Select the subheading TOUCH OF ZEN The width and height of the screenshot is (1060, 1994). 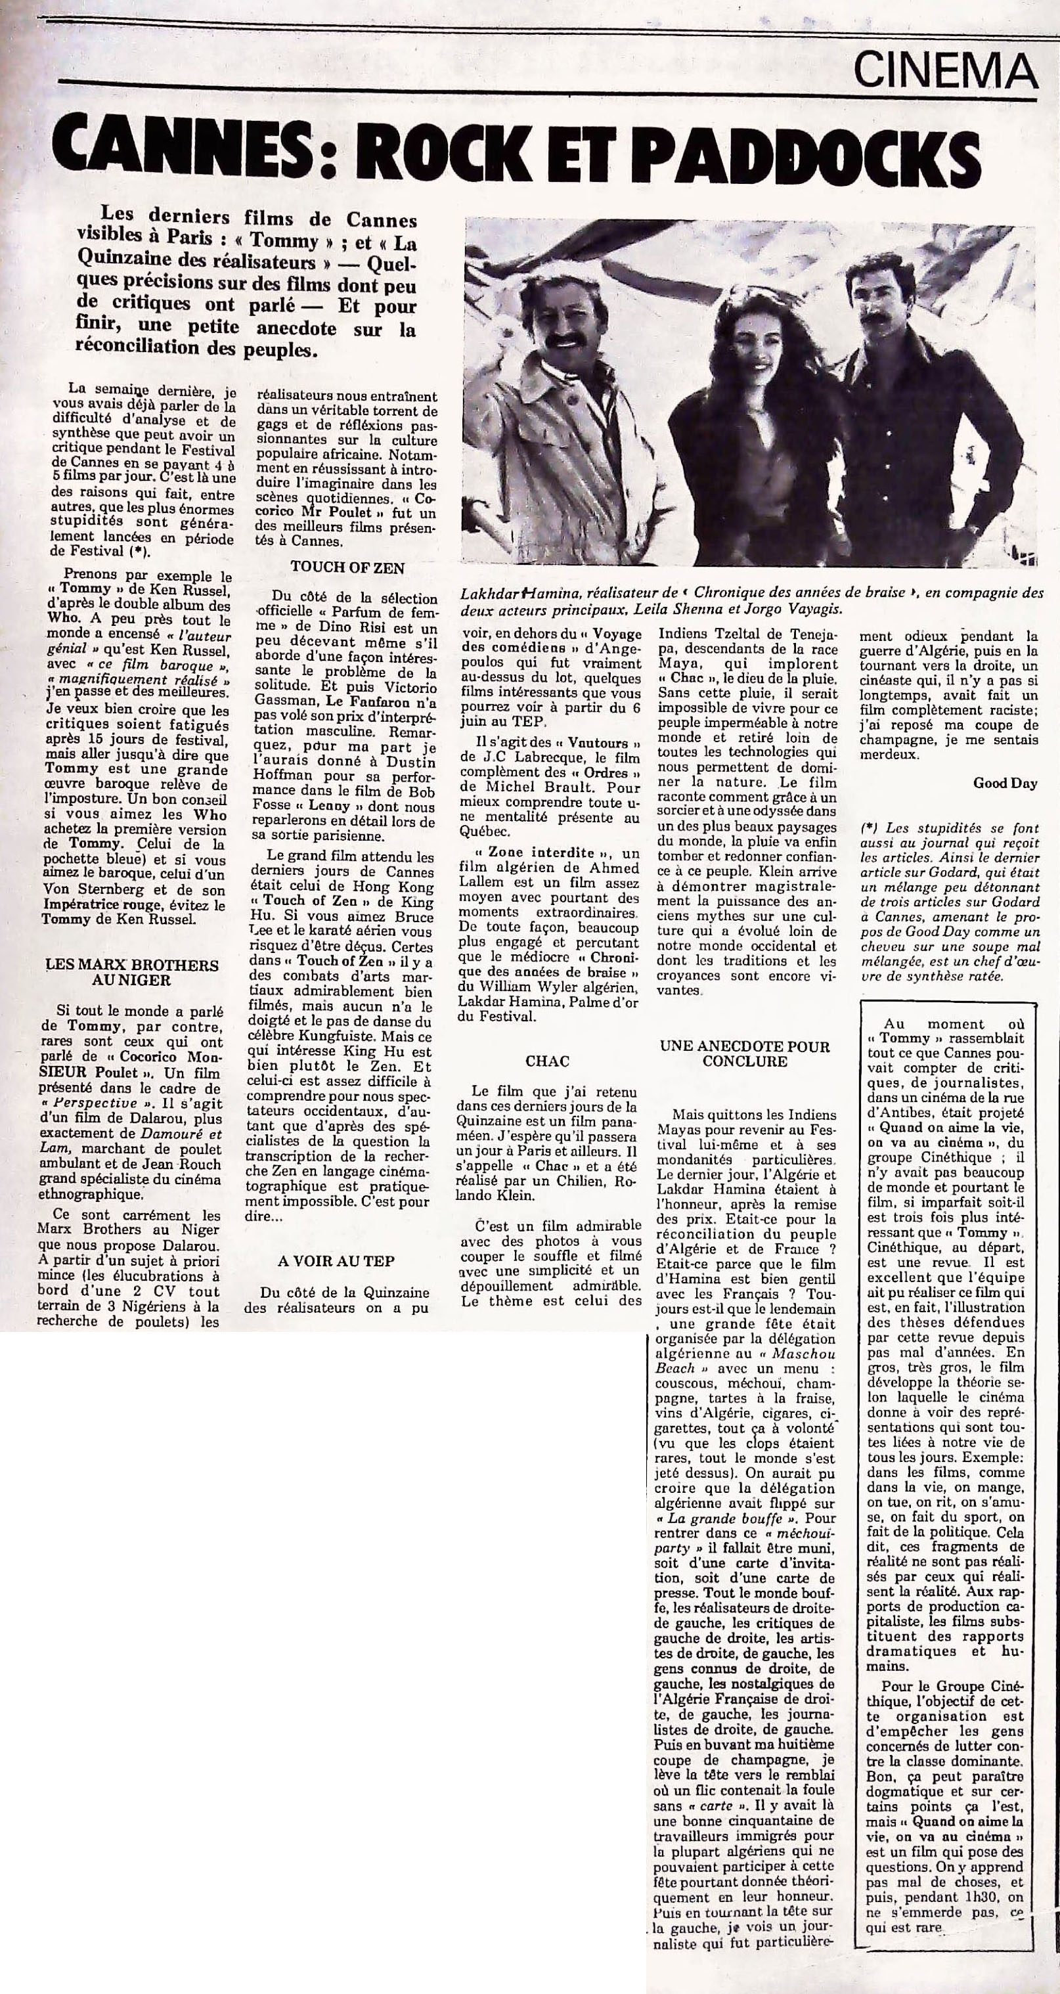[347, 567]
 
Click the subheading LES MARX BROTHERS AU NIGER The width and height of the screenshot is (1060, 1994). [131, 972]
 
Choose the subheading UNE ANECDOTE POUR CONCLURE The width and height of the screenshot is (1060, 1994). [744, 1053]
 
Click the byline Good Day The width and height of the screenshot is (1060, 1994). [1005, 783]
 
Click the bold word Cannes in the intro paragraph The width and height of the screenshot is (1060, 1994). [381, 221]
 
